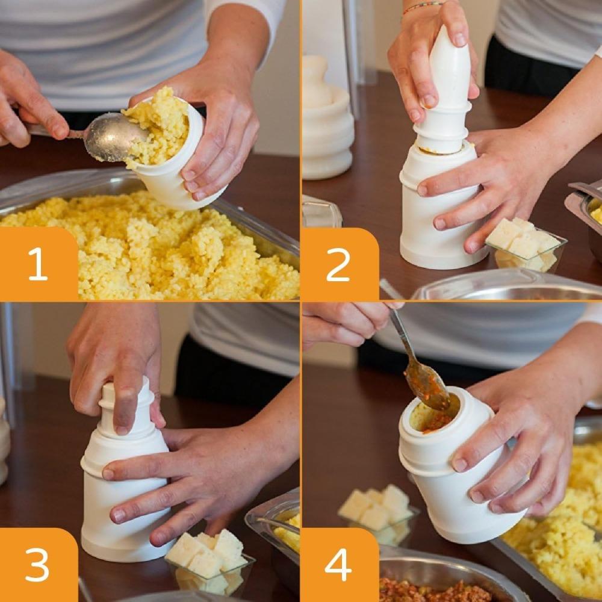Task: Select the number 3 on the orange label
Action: click(x=37, y=564)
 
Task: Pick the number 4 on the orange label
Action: click(x=338, y=564)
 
